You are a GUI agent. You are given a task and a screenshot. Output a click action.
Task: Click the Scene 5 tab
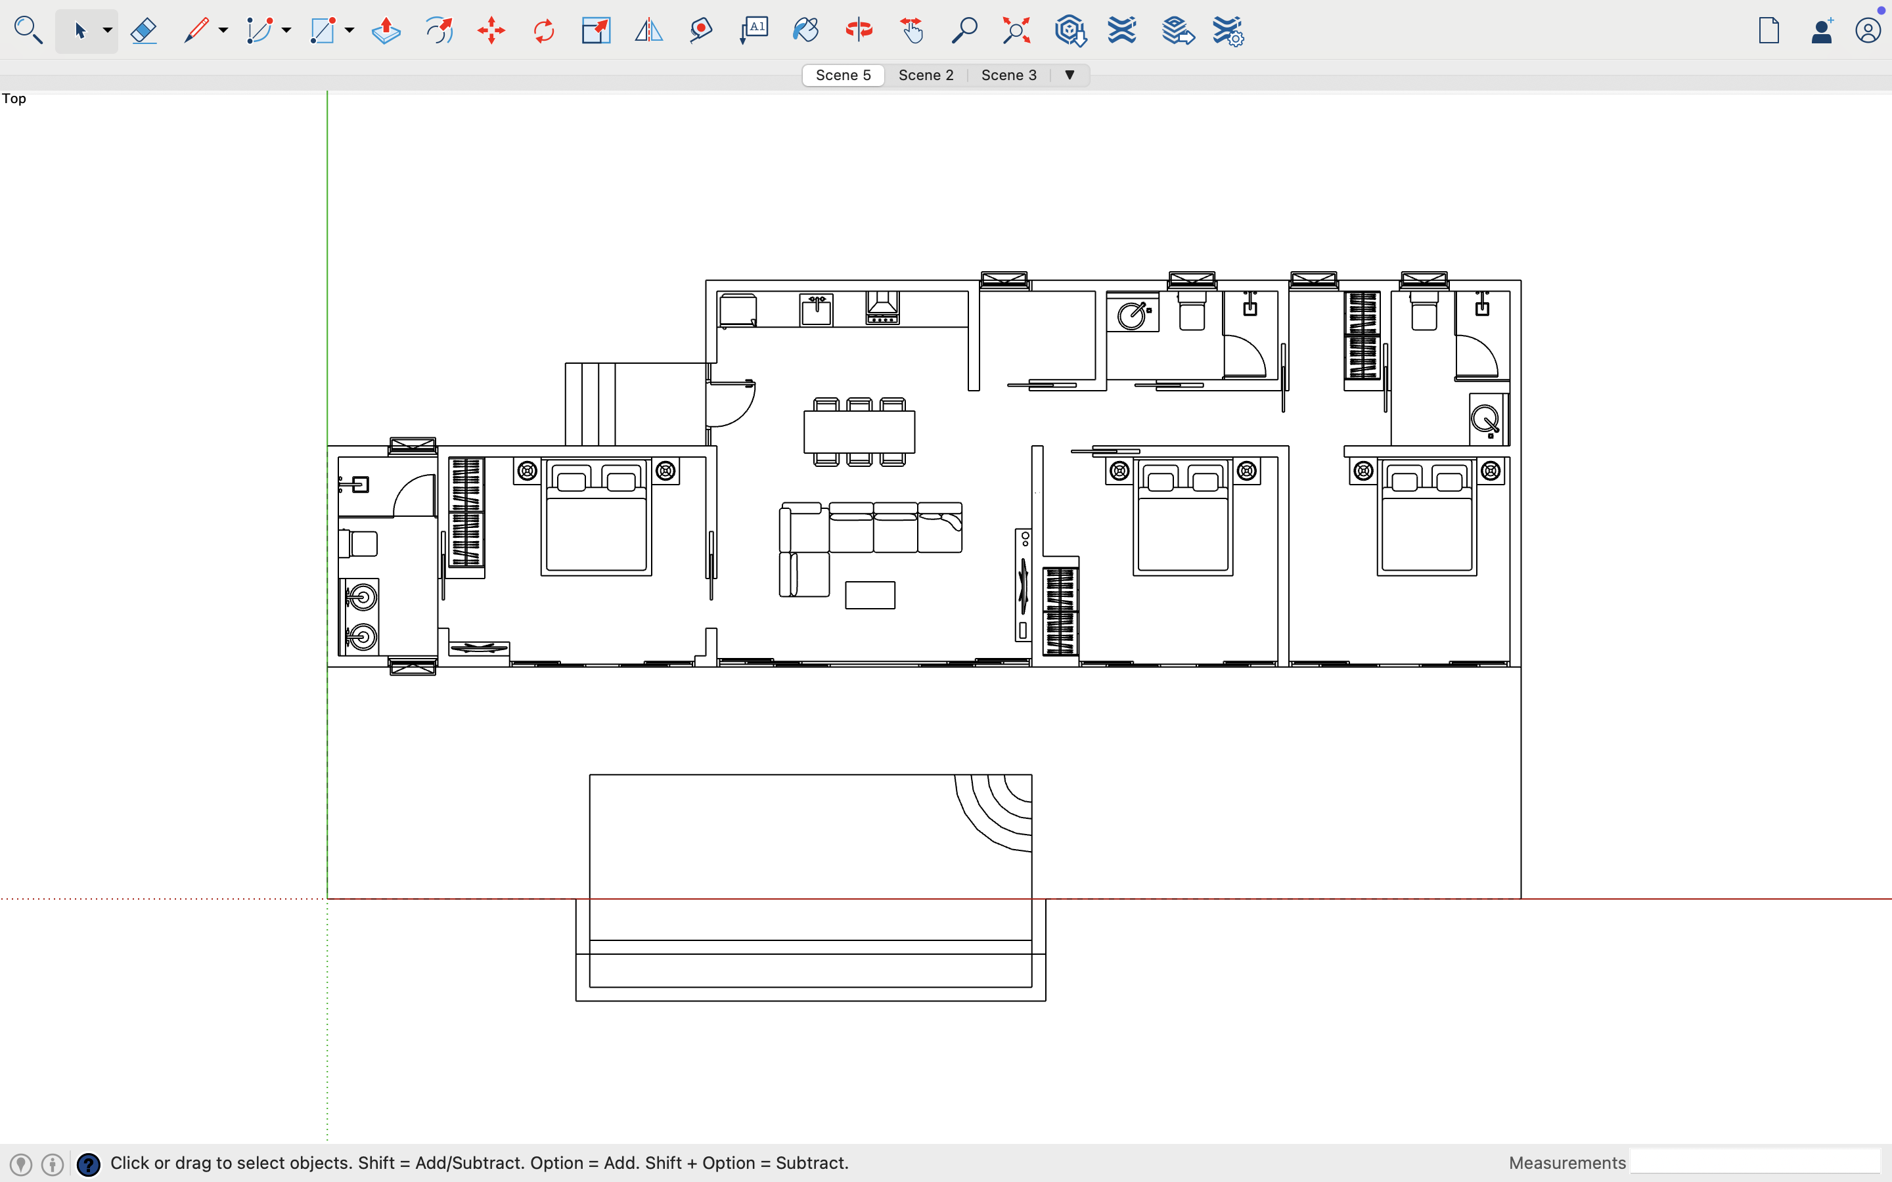pos(843,75)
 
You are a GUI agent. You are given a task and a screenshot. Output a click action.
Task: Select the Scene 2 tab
pos(926,75)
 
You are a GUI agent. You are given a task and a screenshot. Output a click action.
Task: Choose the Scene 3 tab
pos(1008,75)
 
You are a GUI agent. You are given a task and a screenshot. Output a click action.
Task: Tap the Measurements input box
pos(1755,1162)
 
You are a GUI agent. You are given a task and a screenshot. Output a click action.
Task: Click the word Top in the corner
pos(14,98)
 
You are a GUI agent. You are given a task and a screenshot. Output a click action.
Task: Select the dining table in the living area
pos(859,431)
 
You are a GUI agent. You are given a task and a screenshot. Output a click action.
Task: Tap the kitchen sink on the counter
pos(816,309)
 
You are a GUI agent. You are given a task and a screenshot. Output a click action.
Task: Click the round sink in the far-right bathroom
pos(1485,420)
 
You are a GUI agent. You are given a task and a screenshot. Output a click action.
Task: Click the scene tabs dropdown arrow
pos(1070,75)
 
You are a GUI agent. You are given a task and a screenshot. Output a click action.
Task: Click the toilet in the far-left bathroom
pos(359,543)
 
